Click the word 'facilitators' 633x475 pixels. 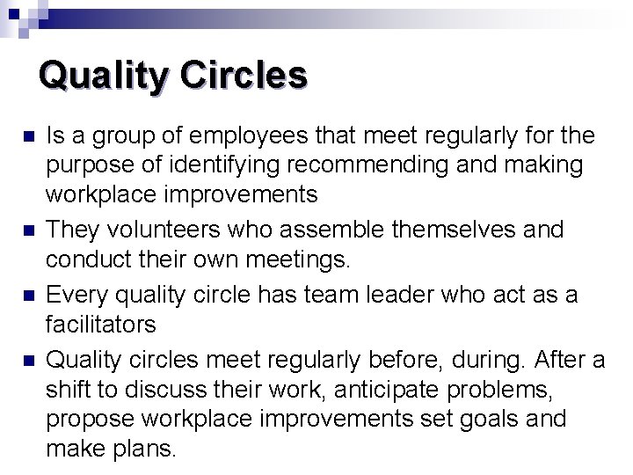(x=100, y=325)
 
